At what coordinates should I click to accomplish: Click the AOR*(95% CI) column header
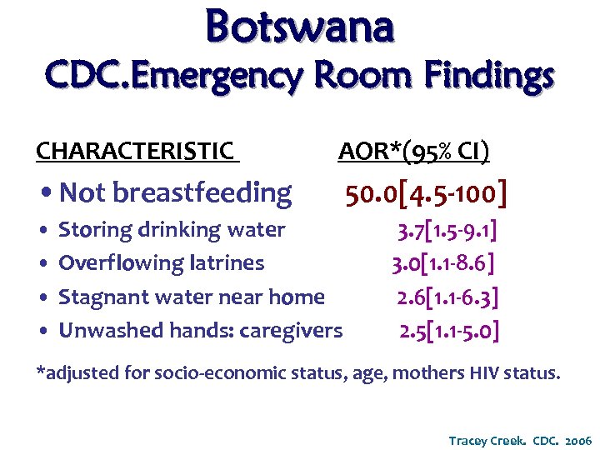(x=414, y=151)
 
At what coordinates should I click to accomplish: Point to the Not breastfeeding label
(x=176, y=192)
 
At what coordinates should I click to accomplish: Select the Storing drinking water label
(x=172, y=229)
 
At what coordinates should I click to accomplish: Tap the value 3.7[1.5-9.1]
(x=448, y=229)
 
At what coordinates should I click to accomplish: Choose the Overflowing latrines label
(x=162, y=263)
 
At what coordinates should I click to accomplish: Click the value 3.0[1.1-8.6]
(x=444, y=263)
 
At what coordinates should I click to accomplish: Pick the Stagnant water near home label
(x=192, y=297)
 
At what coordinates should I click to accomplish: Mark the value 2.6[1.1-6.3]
(x=448, y=297)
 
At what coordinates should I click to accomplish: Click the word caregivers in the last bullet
(x=291, y=331)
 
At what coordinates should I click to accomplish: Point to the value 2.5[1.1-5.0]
(x=449, y=331)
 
